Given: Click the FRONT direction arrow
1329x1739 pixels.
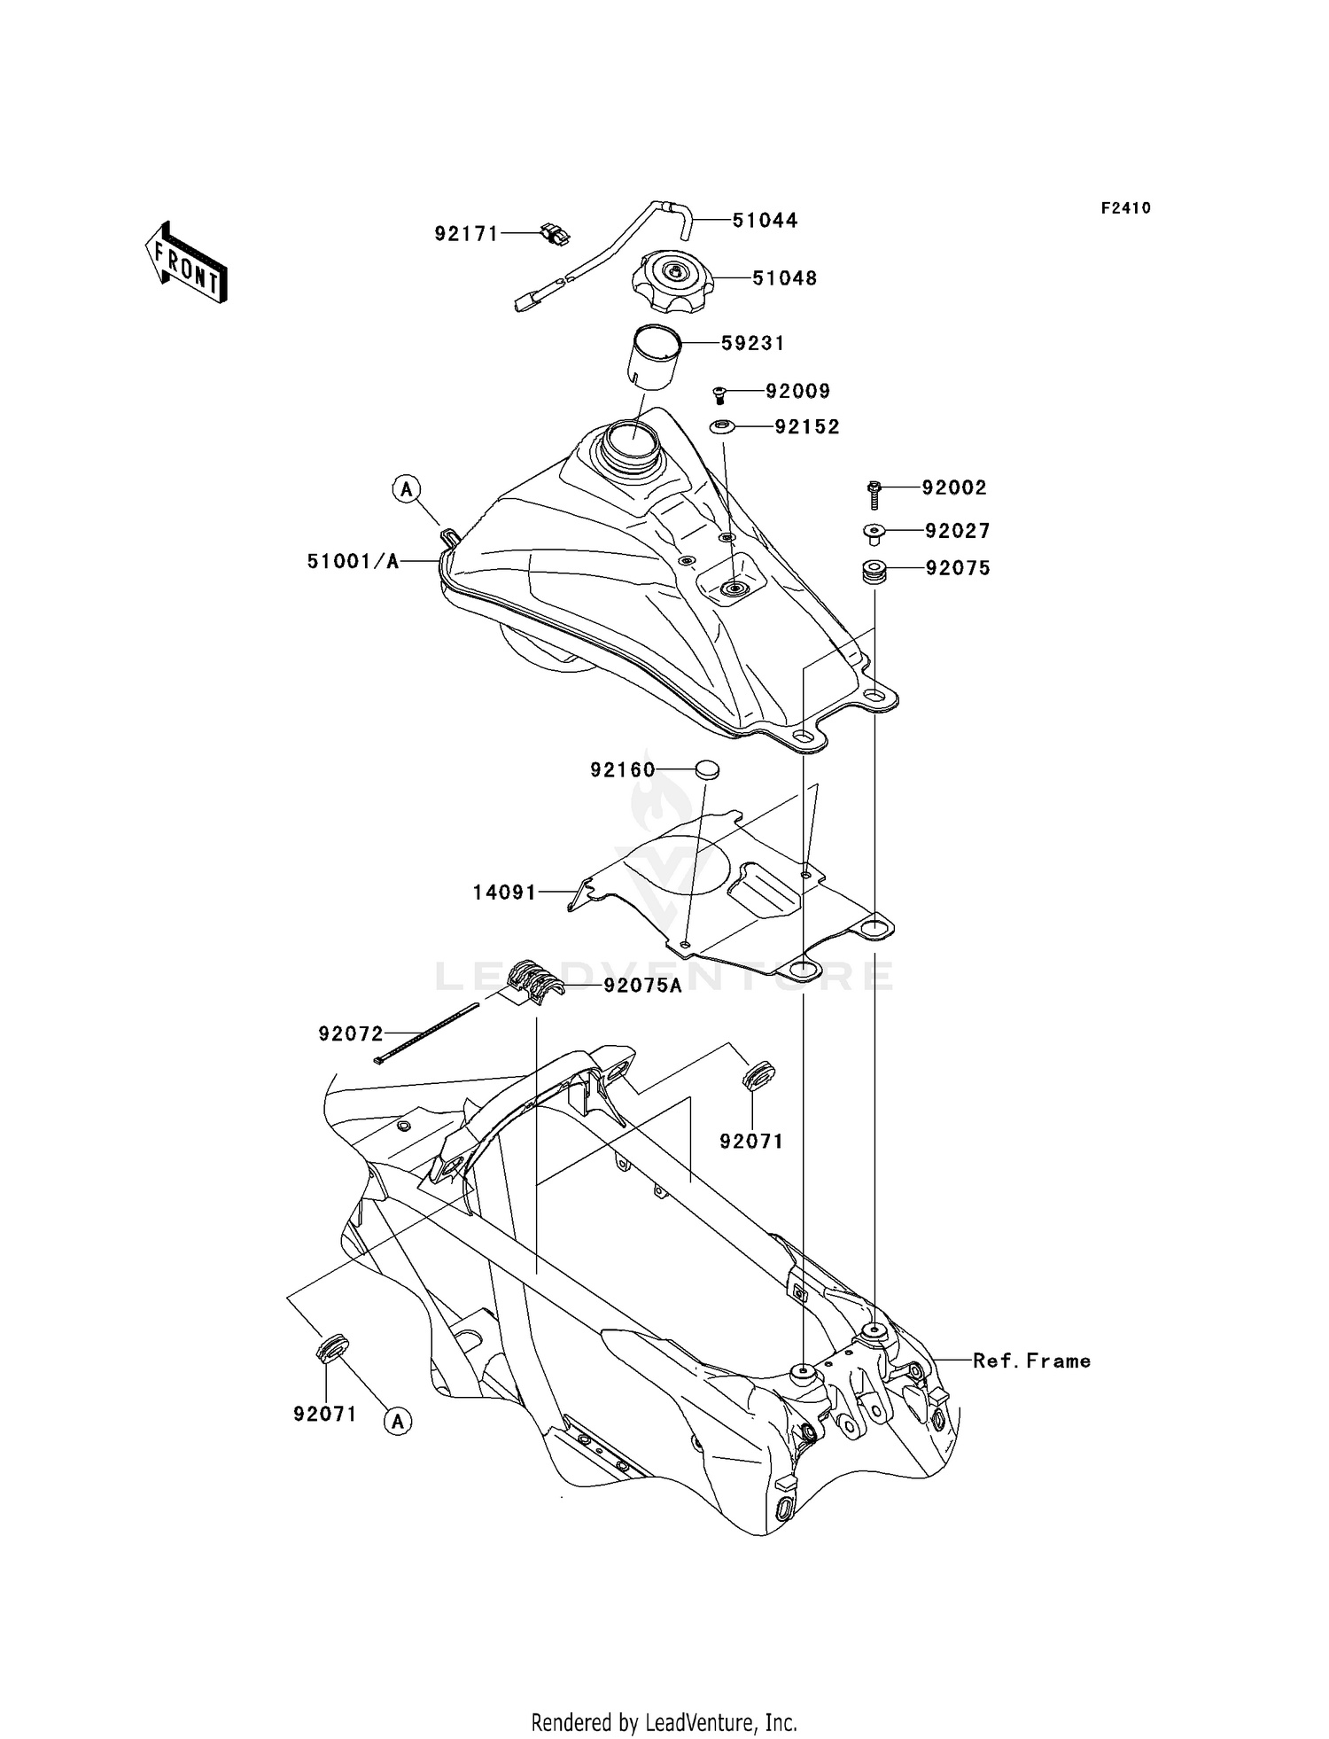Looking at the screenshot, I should coord(187,263).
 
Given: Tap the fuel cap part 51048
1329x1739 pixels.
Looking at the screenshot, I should coord(672,279).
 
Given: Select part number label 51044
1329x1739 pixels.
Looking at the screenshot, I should coord(765,221).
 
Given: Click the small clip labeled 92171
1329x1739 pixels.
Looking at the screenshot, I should coord(556,235).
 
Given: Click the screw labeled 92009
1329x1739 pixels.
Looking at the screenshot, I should coord(719,394).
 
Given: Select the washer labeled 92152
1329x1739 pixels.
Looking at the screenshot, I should coord(722,427).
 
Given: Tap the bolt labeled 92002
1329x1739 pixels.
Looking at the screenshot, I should coord(874,493).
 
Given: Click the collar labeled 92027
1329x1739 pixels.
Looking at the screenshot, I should coord(874,533).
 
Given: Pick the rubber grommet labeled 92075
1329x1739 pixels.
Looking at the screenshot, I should coord(875,572).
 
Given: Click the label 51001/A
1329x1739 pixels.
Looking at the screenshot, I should coord(353,561).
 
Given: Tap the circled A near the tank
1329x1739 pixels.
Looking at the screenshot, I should coord(407,488).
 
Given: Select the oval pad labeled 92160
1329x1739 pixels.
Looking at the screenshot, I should coord(705,769).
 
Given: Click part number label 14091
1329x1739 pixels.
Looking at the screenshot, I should coord(504,893).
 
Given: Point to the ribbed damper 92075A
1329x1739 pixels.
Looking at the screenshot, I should coord(536,981).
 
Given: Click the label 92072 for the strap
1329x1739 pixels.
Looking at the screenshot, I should coord(351,1033).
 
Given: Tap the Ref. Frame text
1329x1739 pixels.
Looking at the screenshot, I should coord(1031,1361).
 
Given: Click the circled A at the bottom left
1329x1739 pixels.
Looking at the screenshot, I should coord(398,1422).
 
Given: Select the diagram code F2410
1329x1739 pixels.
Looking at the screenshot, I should coord(1125,208).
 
